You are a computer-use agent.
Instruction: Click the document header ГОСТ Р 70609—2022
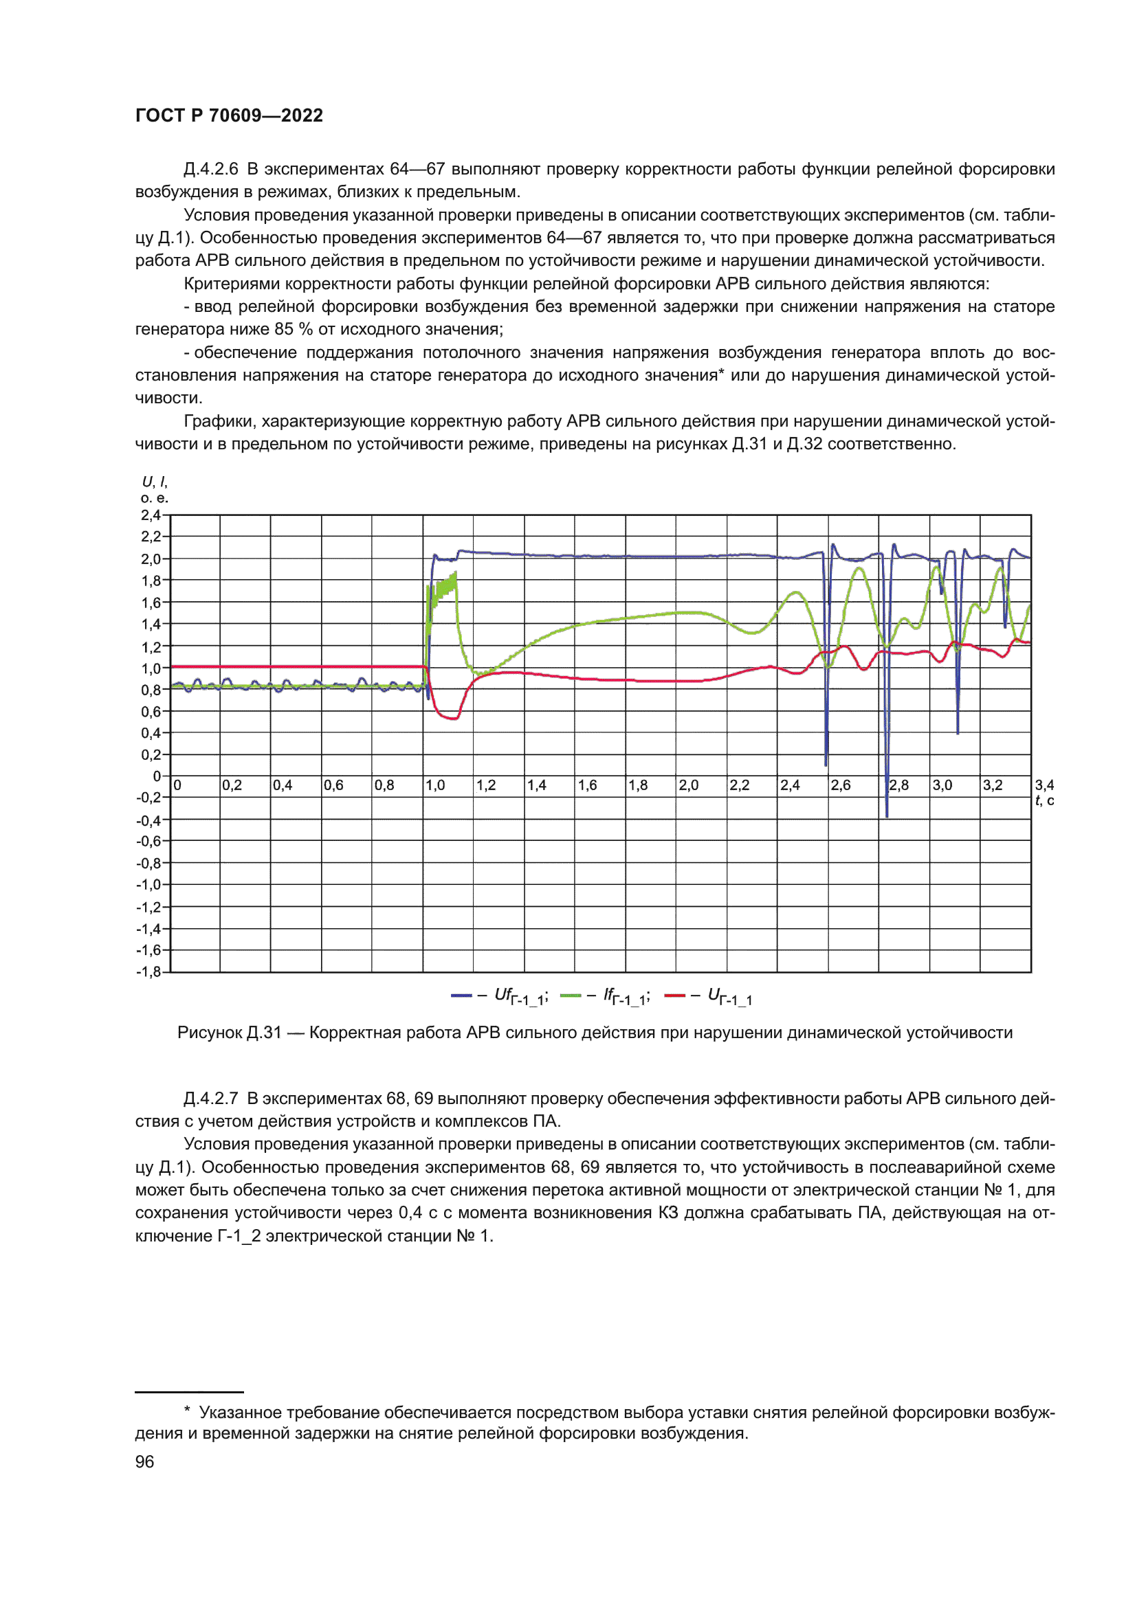point(229,115)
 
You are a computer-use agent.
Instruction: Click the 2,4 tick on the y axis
point(151,515)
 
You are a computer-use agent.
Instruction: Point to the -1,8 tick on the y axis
point(148,971)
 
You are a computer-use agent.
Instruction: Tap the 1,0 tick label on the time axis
point(434,785)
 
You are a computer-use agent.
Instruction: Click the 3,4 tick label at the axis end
point(1044,785)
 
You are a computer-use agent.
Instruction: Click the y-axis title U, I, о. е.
point(155,490)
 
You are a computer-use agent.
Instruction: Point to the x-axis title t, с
point(1044,800)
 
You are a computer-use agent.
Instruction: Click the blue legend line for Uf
point(461,996)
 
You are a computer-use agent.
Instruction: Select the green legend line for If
point(571,996)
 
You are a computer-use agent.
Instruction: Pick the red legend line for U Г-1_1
point(674,996)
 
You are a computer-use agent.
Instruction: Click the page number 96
point(144,1461)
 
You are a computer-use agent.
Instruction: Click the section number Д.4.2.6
point(210,170)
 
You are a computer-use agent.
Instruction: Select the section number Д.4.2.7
point(210,1099)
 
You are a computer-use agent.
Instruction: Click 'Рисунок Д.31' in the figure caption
point(229,1033)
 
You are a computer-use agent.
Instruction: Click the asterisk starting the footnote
point(187,1412)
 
